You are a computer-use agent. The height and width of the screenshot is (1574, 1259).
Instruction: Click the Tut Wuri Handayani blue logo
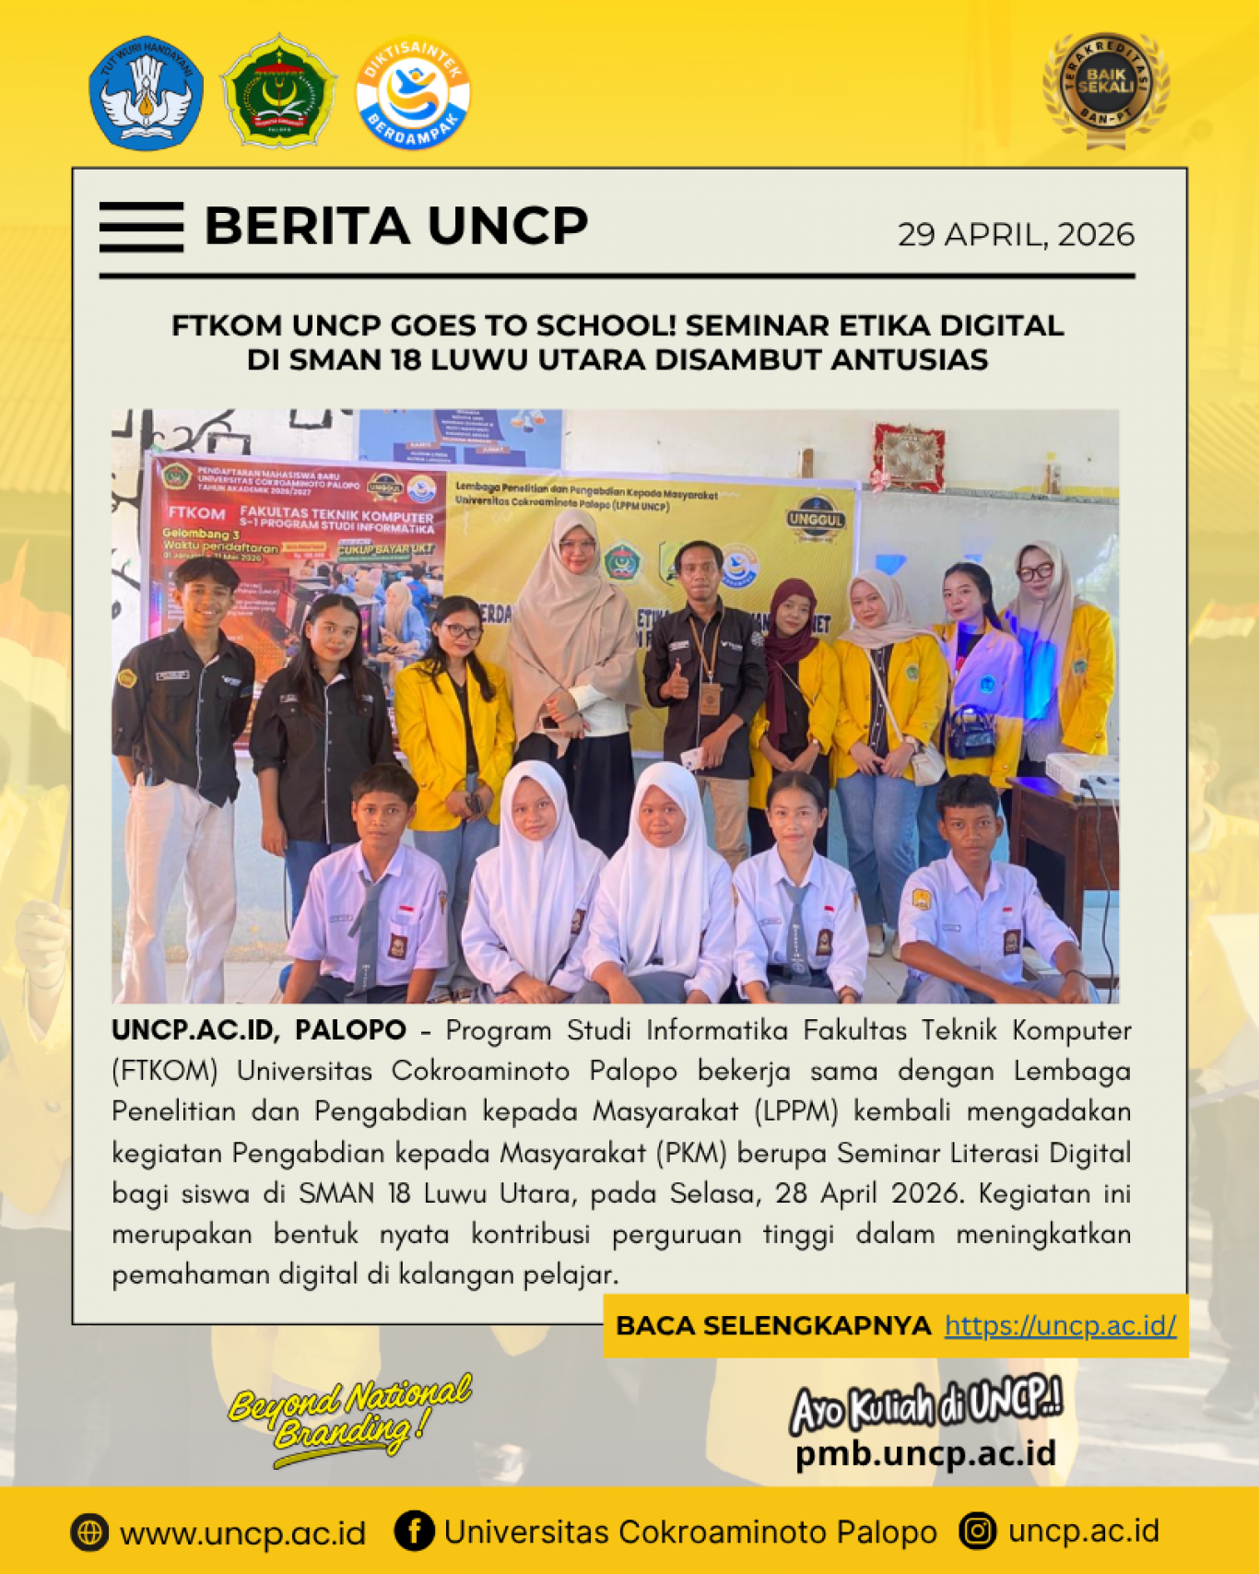tap(146, 93)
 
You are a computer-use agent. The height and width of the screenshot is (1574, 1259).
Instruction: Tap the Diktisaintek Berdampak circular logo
tap(413, 93)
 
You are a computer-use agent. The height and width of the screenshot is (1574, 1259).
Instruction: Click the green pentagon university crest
tap(278, 91)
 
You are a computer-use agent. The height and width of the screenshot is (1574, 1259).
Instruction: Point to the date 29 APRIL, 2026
tap(1016, 235)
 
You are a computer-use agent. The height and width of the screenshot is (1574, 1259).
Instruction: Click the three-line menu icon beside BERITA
tap(141, 227)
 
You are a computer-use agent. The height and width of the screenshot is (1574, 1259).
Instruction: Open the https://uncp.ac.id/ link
tap(1060, 1325)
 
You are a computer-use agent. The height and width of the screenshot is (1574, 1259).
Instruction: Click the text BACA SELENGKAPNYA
tap(773, 1325)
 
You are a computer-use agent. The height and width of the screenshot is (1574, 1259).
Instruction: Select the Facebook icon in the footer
tap(414, 1532)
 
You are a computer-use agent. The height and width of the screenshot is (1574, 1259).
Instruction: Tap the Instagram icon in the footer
tap(977, 1532)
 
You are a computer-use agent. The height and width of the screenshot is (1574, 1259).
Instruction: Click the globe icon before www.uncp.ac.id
tap(89, 1533)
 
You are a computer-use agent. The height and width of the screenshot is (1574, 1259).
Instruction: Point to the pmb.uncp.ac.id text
tap(925, 1453)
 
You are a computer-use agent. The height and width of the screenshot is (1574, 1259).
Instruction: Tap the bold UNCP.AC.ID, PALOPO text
tap(259, 1030)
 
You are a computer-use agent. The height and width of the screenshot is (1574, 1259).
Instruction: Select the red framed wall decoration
tap(909, 456)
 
